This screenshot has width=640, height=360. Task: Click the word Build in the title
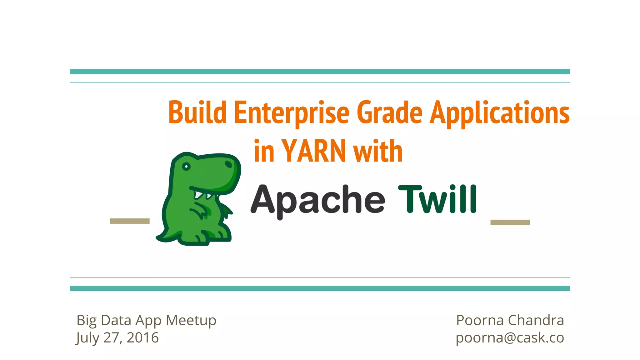[x=197, y=112]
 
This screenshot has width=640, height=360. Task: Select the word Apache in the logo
[x=317, y=200]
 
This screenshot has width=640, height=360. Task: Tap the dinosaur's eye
[x=186, y=167]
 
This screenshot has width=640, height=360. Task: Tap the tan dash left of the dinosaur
[x=130, y=221]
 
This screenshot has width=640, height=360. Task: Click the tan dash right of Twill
[x=510, y=222]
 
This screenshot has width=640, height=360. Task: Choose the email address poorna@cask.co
[x=510, y=337]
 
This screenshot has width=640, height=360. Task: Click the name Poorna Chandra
[x=510, y=320]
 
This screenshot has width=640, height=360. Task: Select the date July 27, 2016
[x=117, y=338]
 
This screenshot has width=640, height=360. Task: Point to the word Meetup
[x=191, y=320]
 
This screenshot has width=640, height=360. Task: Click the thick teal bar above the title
[x=320, y=72]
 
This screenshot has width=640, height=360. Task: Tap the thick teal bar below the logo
[x=320, y=288]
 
